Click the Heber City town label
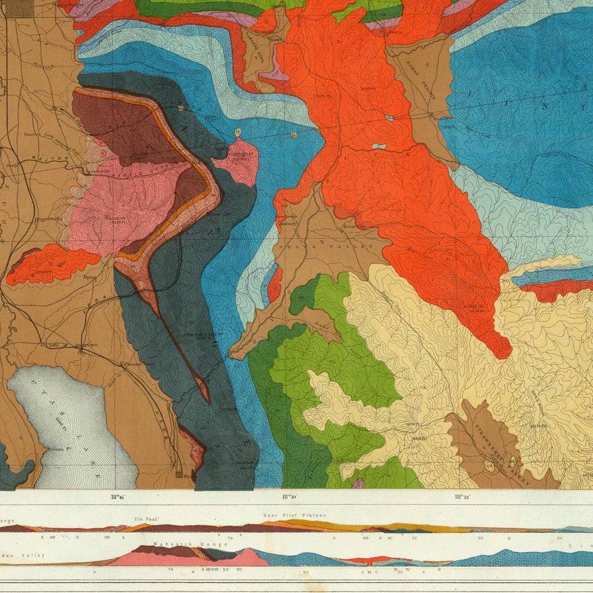[355, 226]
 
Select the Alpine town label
[91, 276]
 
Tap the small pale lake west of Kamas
[379, 146]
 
